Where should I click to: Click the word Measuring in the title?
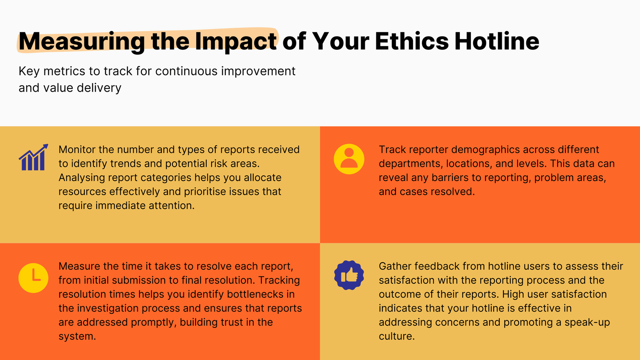(x=82, y=42)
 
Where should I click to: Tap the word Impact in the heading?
(x=236, y=42)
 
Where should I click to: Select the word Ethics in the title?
(x=412, y=42)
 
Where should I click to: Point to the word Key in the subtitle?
(x=29, y=71)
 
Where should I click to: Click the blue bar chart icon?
(x=33, y=157)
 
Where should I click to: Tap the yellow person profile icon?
(x=349, y=159)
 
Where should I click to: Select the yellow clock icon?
(x=33, y=278)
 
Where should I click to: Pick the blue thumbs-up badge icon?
(x=349, y=275)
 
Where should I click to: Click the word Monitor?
(x=77, y=150)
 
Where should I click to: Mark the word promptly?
(x=154, y=322)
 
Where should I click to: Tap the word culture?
(x=396, y=336)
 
